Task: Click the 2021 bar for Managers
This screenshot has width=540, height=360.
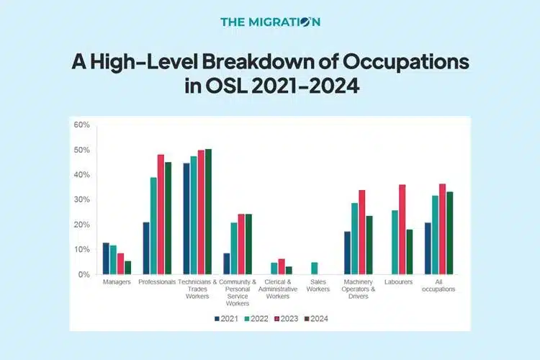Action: tap(106, 258)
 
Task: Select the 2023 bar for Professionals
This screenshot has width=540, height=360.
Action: tap(161, 215)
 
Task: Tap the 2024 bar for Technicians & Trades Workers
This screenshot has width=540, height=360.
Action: tap(209, 212)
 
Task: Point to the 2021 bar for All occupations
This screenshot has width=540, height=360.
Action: tap(428, 248)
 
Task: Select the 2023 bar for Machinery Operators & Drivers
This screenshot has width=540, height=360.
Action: tap(361, 232)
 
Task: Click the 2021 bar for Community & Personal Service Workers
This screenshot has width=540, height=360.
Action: tap(225, 264)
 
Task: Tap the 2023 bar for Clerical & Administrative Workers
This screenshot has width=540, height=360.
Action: tap(282, 266)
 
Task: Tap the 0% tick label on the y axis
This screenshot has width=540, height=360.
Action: tap(84, 274)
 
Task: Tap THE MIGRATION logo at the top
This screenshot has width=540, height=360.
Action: tap(270, 22)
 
